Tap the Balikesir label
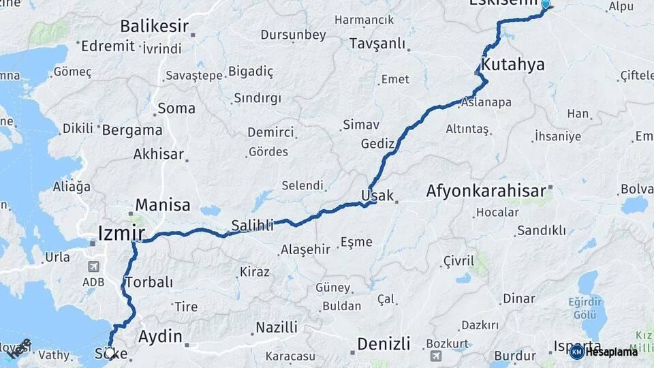click(x=155, y=27)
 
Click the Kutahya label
click(x=514, y=65)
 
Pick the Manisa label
click(x=163, y=204)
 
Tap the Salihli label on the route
click(x=253, y=224)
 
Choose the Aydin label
click(x=160, y=336)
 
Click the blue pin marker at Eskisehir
click(x=545, y=5)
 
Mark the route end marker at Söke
click(x=110, y=353)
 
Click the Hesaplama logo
click(x=604, y=352)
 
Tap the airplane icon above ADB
click(x=93, y=267)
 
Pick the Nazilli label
click(x=277, y=328)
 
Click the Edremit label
click(x=107, y=46)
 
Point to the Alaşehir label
click(x=305, y=250)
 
